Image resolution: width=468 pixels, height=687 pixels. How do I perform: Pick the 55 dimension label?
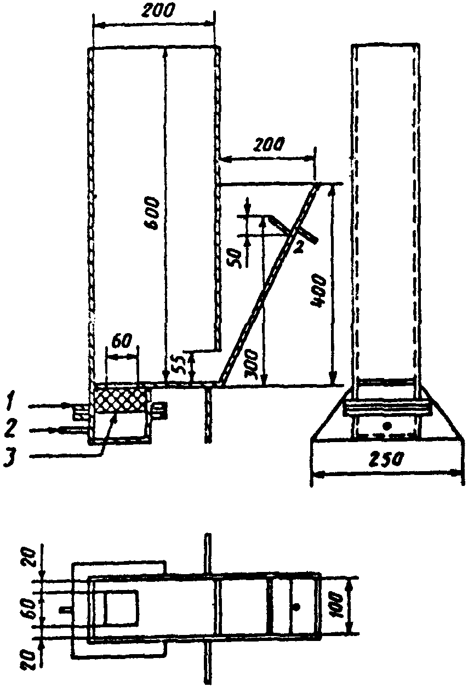point(180,363)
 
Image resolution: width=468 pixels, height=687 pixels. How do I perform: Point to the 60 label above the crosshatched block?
point(121,340)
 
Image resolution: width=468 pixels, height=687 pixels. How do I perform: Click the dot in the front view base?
point(387,425)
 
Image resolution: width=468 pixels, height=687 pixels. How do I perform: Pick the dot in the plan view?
point(296,606)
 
